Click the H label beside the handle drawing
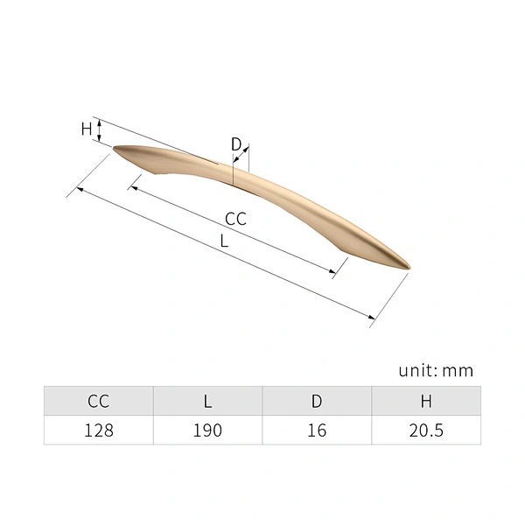tap(87, 129)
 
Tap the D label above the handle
tap(236, 144)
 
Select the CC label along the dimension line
tap(235, 219)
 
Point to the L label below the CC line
tap(224, 241)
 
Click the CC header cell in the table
tap(98, 401)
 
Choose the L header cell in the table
tap(208, 401)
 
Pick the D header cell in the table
tap(317, 401)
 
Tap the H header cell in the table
tap(426, 401)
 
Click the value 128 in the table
tap(99, 430)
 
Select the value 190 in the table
tap(207, 430)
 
